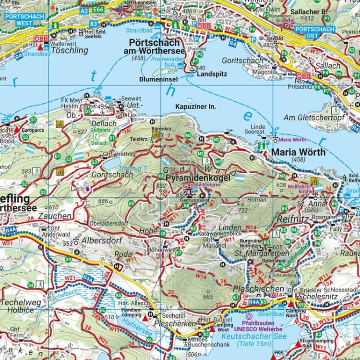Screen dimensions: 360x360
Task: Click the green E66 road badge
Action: tap(98, 9)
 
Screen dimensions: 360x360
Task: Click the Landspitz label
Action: tap(212, 75)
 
